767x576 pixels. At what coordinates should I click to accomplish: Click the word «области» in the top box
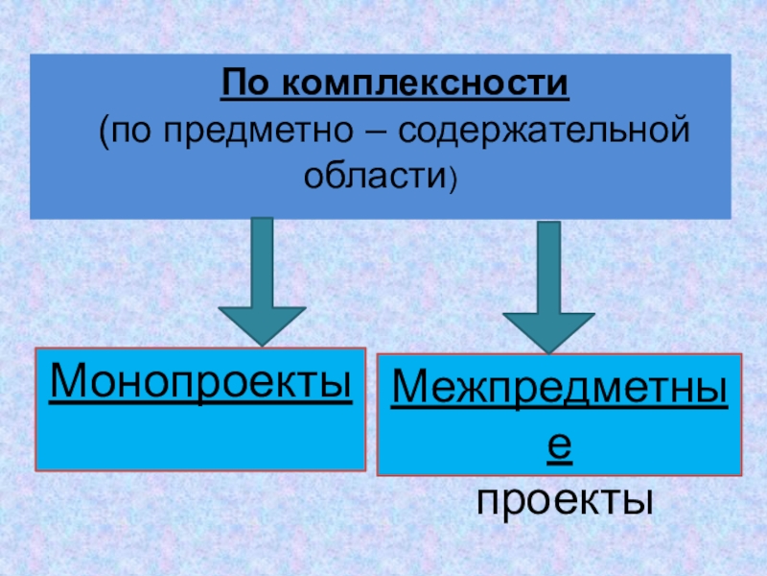click(x=377, y=175)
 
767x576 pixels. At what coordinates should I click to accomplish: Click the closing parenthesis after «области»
click(x=453, y=177)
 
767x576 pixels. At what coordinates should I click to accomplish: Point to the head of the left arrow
click(x=262, y=324)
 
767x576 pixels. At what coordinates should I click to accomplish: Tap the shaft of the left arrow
click(x=262, y=259)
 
